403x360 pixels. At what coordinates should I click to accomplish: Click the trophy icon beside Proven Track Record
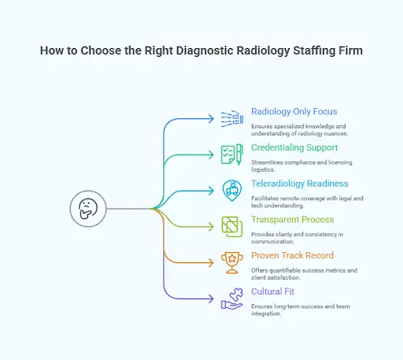point(232,262)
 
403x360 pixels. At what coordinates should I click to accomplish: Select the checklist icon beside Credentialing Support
point(232,154)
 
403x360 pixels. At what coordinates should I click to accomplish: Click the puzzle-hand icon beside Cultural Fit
point(232,299)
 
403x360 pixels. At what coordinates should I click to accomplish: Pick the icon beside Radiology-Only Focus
point(232,118)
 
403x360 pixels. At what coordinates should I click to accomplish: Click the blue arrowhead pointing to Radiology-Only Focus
point(210,119)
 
